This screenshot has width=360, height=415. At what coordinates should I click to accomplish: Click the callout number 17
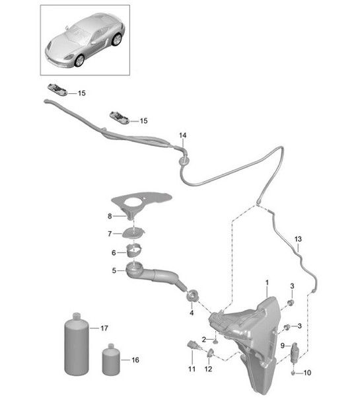pyautogui.click(x=104, y=328)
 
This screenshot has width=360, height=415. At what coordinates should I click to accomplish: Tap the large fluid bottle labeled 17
pyautogui.click(x=77, y=344)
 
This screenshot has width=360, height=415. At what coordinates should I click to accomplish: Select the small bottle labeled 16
pyautogui.click(x=111, y=359)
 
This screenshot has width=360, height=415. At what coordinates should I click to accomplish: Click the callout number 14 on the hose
pyautogui.click(x=183, y=135)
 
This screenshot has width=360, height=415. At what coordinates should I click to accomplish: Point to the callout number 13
pyautogui.click(x=298, y=239)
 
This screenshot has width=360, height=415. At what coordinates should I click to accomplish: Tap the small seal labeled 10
pyautogui.click(x=293, y=373)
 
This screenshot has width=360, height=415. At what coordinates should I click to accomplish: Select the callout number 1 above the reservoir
pyautogui.click(x=267, y=283)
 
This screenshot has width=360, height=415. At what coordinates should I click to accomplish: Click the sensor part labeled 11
pyautogui.click(x=192, y=345)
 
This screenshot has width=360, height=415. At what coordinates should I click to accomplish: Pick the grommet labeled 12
pyautogui.click(x=210, y=352)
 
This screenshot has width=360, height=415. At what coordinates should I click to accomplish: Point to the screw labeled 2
pyautogui.click(x=215, y=341)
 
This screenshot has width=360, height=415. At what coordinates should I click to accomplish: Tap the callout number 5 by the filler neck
pyautogui.click(x=114, y=270)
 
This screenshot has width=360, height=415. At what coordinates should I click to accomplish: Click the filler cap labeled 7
pyautogui.click(x=134, y=233)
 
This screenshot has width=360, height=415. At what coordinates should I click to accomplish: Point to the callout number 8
pyautogui.click(x=110, y=216)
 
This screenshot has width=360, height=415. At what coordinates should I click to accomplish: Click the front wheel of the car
pyautogui.click(x=79, y=61)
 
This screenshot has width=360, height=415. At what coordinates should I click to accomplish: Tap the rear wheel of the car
pyautogui.click(x=117, y=40)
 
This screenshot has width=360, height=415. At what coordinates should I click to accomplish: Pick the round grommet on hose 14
pyautogui.click(x=183, y=161)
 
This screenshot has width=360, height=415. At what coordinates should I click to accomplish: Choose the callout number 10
pyautogui.click(x=307, y=373)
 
